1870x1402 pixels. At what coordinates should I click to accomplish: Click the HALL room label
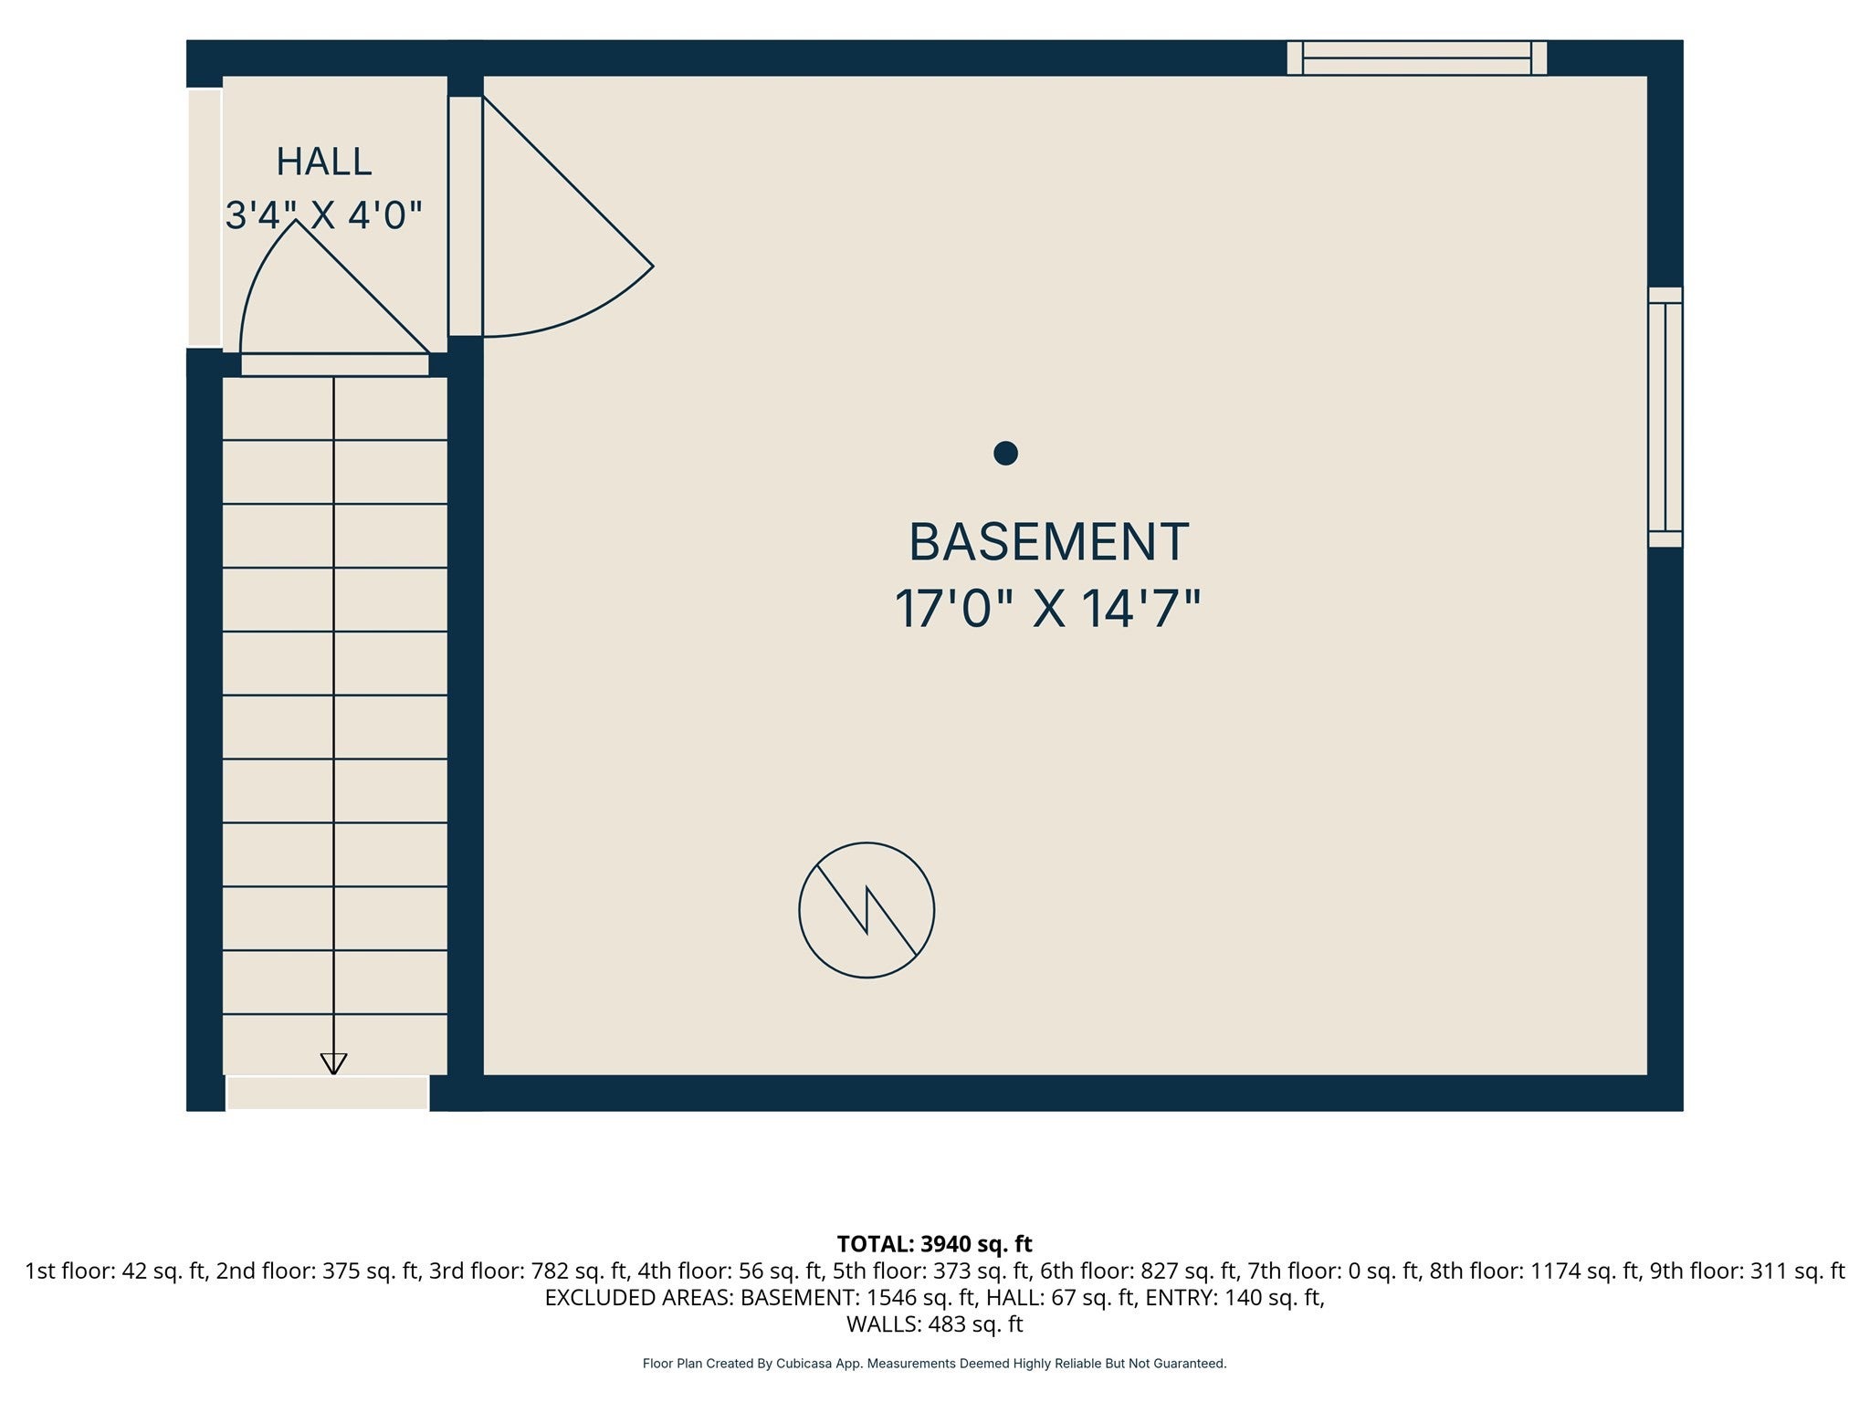coord(324,162)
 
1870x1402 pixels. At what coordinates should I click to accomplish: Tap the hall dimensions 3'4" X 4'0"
coord(324,216)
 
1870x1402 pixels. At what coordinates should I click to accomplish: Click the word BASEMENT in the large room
coord(1048,542)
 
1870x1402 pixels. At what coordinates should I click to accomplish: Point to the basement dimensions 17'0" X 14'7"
coord(1047,609)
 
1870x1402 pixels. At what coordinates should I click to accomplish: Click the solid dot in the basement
coord(1005,453)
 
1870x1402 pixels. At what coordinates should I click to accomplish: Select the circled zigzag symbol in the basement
coord(867,910)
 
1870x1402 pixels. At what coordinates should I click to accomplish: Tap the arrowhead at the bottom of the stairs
coord(333,1063)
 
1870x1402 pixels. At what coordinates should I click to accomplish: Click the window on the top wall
coord(1416,58)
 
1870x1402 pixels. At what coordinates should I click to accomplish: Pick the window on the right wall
coord(1665,417)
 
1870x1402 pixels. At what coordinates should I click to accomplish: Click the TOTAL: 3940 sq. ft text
coord(934,1244)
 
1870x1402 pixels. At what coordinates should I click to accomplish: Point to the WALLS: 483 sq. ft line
coord(934,1324)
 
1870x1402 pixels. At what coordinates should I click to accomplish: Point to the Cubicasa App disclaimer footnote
coord(934,1364)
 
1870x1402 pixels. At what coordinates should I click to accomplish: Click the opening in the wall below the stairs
coord(328,1093)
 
